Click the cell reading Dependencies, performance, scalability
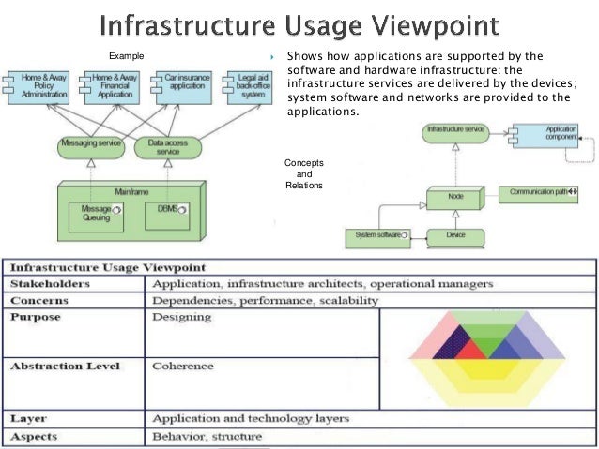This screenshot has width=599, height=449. point(266,301)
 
